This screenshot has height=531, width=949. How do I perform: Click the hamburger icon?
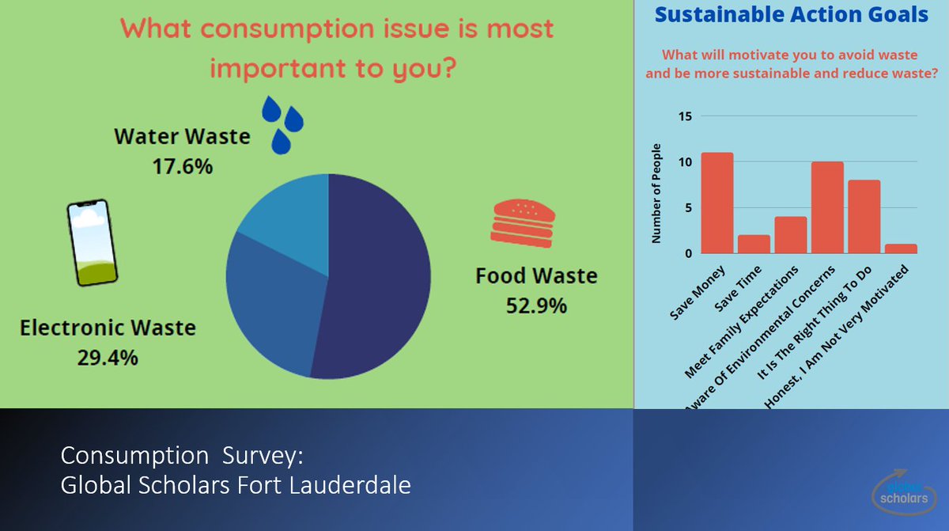click(523, 221)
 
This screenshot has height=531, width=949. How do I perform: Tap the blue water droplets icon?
click(282, 124)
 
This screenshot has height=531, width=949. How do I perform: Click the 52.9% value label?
click(536, 305)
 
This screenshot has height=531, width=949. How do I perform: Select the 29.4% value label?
click(108, 357)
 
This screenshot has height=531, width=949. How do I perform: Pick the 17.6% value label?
click(182, 167)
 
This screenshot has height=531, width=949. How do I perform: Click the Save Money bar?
click(717, 203)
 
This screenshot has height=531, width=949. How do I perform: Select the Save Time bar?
click(754, 244)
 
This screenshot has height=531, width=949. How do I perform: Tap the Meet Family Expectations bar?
click(791, 235)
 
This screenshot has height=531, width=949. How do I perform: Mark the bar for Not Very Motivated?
click(901, 248)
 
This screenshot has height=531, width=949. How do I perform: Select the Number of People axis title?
click(656, 194)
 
